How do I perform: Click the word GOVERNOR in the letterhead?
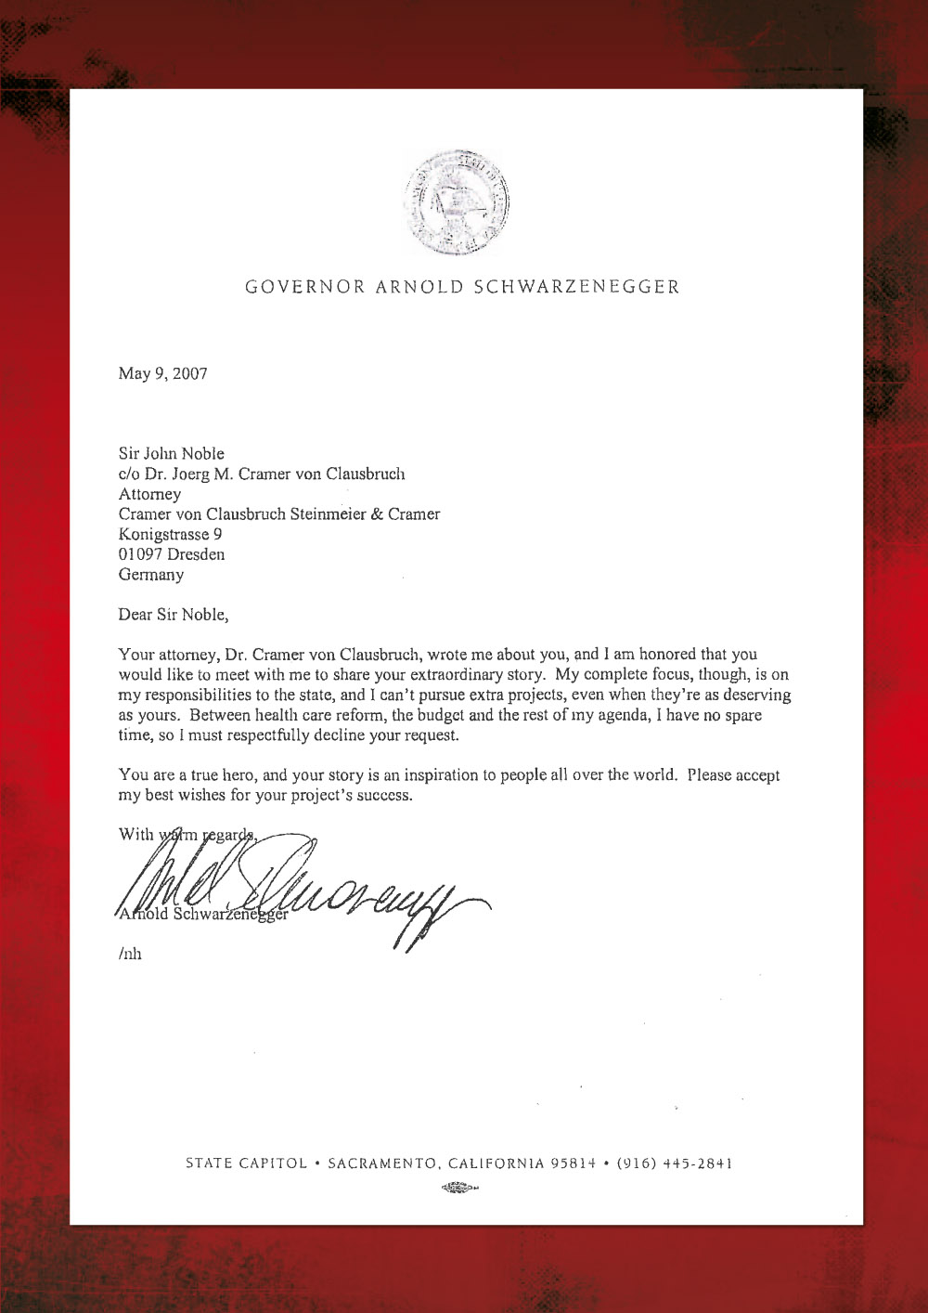(x=305, y=287)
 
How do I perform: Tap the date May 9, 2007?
(x=163, y=373)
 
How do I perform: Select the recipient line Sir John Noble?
(x=172, y=453)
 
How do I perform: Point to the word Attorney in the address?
(x=149, y=494)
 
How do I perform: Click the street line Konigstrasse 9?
(x=170, y=534)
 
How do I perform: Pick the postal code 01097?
(x=140, y=554)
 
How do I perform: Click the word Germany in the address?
(x=151, y=575)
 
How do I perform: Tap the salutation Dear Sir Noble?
(x=173, y=615)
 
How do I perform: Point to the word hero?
(x=240, y=775)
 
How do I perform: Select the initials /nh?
(x=130, y=954)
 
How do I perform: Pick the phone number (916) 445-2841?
(x=675, y=1163)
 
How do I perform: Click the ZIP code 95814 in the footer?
(x=573, y=1163)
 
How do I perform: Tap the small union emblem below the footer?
(x=459, y=1188)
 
